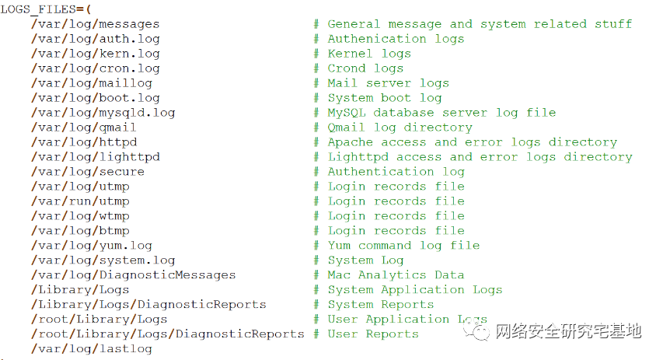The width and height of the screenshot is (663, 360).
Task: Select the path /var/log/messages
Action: coord(95,24)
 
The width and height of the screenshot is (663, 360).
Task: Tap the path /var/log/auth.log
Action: coord(95,39)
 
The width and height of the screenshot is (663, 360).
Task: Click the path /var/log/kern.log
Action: coord(95,54)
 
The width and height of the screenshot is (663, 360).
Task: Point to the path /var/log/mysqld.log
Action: coord(103,113)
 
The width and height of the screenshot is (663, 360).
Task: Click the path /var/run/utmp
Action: coord(80,201)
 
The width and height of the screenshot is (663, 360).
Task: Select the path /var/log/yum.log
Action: coord(91,246)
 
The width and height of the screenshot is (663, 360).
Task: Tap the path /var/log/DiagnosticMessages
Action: coord(133,275)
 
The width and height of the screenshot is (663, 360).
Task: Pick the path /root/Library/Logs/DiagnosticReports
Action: coord(167,334)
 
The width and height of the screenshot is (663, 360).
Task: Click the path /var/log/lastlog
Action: coord(91,349)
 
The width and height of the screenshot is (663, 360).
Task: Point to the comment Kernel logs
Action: coord(368,54)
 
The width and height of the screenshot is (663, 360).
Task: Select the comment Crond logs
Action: coord(365,68)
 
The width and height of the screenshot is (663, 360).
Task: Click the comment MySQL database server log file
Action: coord(441,113)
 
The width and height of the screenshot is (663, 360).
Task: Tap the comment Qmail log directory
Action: coord(399,128)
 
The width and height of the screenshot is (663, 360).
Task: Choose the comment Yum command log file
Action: coord(403,246)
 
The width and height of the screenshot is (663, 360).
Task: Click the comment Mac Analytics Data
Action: coord(395,275)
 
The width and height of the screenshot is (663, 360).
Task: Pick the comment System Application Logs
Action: coord(414,290)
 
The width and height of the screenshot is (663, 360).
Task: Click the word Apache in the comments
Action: coord(350,142)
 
